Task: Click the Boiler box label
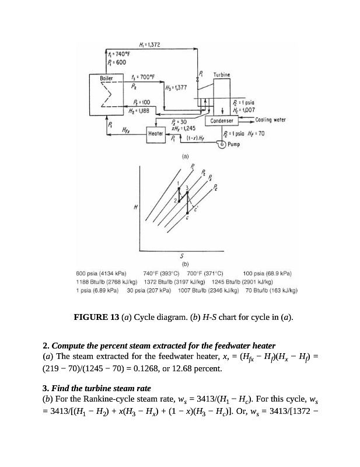click(x=107, y=77)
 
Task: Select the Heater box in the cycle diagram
click(x=156, y=134)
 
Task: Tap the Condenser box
click(x=222, y=121)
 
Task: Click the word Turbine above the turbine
click(x=222, y=75)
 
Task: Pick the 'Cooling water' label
click(x=270, y=120)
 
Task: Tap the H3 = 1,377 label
click(x=159, y=88)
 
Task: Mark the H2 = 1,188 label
click(x=139, y=109)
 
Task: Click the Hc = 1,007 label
click(x=242, y=109)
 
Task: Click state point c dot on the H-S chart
click(x=187, y=215)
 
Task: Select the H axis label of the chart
click(x=136, y=207)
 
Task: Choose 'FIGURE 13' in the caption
click(x=96, y=318)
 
